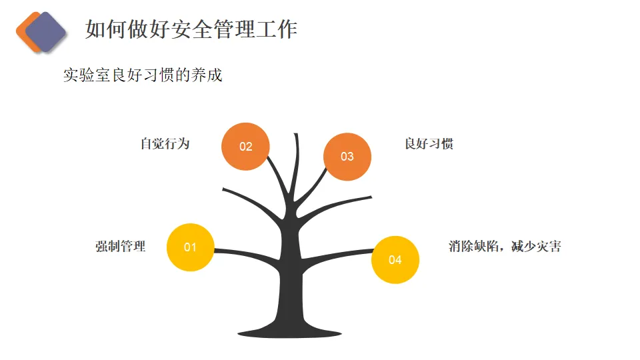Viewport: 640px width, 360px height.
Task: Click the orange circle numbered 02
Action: pos(245,147)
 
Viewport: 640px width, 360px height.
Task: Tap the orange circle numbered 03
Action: pos(347,157)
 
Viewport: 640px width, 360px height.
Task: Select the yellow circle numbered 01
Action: pos(190,247)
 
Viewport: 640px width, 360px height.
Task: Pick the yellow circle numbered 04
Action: pos(395,259)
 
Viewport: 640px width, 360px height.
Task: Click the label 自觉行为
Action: pos(165,143)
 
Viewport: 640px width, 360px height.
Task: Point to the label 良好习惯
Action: pos(429,143)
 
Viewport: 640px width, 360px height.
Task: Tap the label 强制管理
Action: pos(120,246)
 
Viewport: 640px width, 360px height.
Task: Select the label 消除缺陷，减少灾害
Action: pos(505,246)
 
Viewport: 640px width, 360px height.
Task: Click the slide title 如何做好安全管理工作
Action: pos(191,29)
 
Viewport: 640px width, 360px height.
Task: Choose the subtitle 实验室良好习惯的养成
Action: pos(143,75)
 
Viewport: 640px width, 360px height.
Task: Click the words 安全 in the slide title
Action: pos(191,29)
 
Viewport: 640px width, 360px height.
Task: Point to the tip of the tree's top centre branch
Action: pos(296,136)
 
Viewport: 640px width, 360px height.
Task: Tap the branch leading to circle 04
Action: pos(340,253)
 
